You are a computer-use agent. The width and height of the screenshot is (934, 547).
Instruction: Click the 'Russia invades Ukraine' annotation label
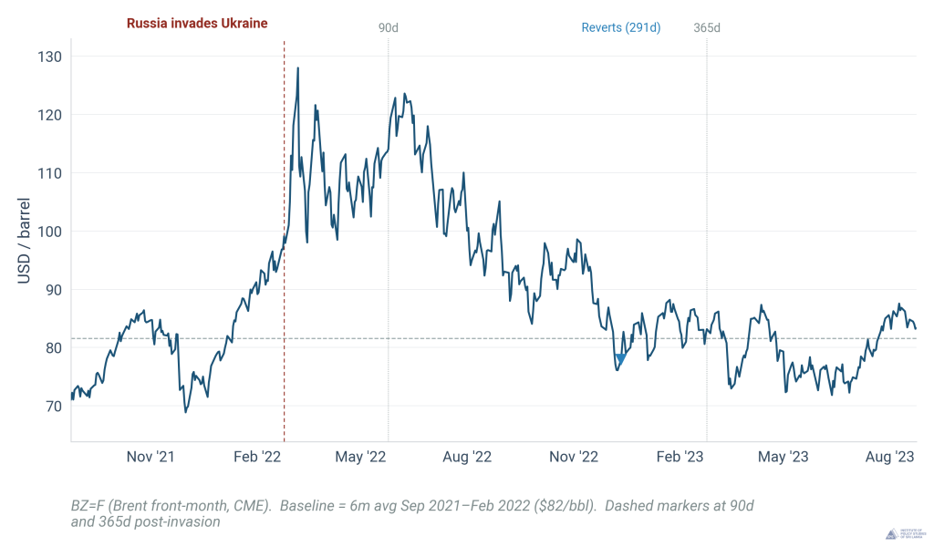click(196, 24)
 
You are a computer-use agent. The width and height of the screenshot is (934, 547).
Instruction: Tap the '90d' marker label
click(389, 27)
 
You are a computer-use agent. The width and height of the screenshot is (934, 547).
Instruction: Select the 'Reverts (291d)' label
click(621, 27)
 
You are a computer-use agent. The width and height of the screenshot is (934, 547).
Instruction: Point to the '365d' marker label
click(707, 27)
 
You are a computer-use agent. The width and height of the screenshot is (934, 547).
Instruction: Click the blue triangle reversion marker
click(620, 359)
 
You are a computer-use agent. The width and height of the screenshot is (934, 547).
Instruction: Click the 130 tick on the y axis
click(50, 57)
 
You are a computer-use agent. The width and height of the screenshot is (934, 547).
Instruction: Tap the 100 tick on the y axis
click(50, 232)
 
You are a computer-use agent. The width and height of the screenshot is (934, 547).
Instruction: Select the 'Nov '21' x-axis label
click(150, 457)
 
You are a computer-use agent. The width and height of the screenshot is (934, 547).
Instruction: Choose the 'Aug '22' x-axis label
click(467, 457)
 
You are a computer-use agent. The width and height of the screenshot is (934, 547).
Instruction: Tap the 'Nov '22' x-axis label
click(576, 457)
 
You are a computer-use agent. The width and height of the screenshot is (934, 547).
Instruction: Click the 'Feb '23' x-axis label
click(682, 457)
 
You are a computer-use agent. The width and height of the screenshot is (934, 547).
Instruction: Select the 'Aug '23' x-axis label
click(891, 457)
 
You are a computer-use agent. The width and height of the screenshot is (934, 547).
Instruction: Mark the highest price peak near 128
click(297, 67)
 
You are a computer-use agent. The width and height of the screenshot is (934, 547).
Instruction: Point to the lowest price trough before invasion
click(186, 412)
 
